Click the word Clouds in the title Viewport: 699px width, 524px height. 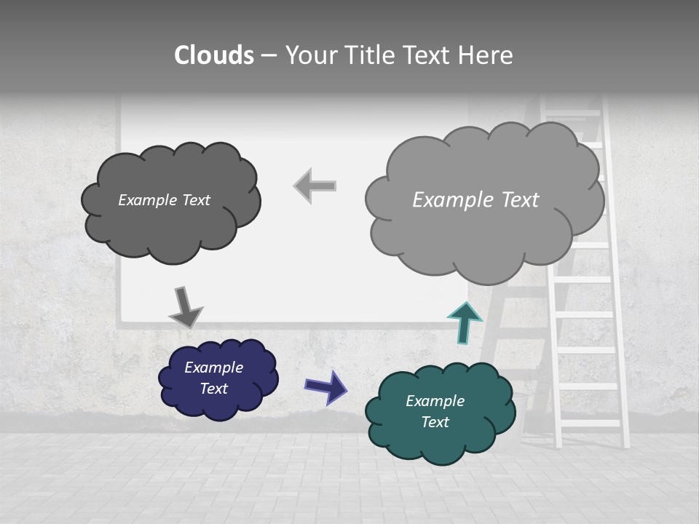pyautogui.click(x=214, y=55)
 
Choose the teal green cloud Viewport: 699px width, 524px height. pyautogui.click(x=437, y=440)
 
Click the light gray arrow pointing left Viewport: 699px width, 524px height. pyautogui.click(x=315, y=186)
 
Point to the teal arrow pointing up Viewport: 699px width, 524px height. pyautogui.click(x=465, y=322)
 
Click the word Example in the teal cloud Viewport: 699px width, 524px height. pyautogui.click(x=435, y=401)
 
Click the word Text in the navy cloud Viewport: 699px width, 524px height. pyautogui.click(x=214, y=389)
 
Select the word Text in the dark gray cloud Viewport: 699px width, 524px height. pyautogui.click(x=194, y=200)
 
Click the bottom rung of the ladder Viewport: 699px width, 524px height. pyautogui.click(x=591, y=423)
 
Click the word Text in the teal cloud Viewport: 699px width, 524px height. pyautogui.click(x=435, y=422)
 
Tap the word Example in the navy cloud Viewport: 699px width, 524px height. pyautogui.click(x=214, y=368)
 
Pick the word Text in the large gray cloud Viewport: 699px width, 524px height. pyautogui.click(x=520, y=200)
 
